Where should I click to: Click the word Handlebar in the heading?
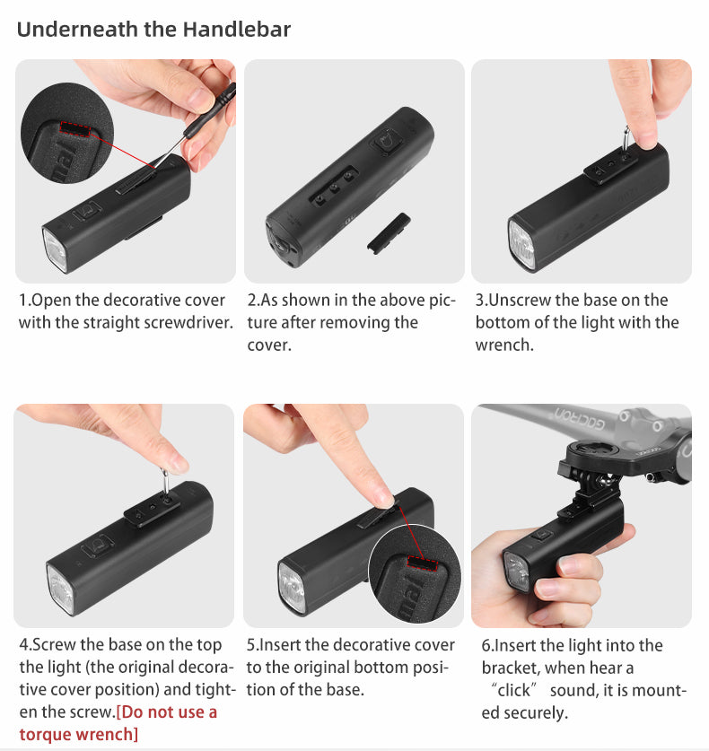tap(237, 29)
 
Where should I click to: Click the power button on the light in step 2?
tap(388, 143)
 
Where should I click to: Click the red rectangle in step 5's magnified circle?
tap(423, 563)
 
